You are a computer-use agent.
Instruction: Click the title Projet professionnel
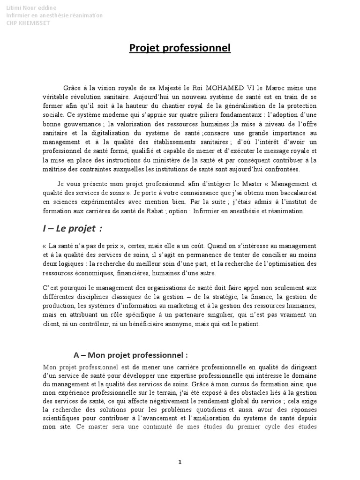180,49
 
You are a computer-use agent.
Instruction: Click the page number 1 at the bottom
180,462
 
